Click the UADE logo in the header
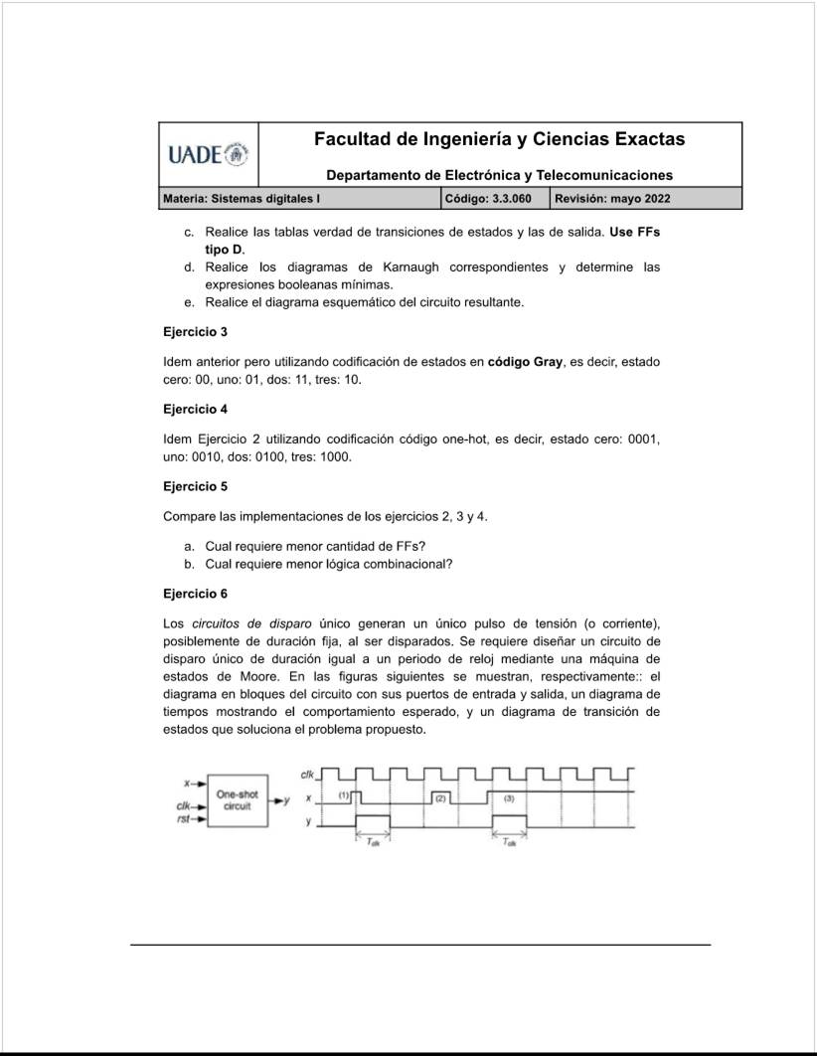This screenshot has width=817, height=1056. click(x=208, y=155)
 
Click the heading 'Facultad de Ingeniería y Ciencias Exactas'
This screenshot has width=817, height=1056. click(x=499, y=139)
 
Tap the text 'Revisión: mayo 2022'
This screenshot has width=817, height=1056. click(x=612, y=199)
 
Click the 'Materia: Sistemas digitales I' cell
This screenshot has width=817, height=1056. click(x=241, y=199)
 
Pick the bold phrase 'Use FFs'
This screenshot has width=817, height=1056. click(x=634, y=232)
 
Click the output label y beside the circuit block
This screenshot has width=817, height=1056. click(x=287, y=799)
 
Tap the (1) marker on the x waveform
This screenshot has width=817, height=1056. click(x=344, y=796)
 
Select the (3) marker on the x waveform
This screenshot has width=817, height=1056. click(x=509, y=797)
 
